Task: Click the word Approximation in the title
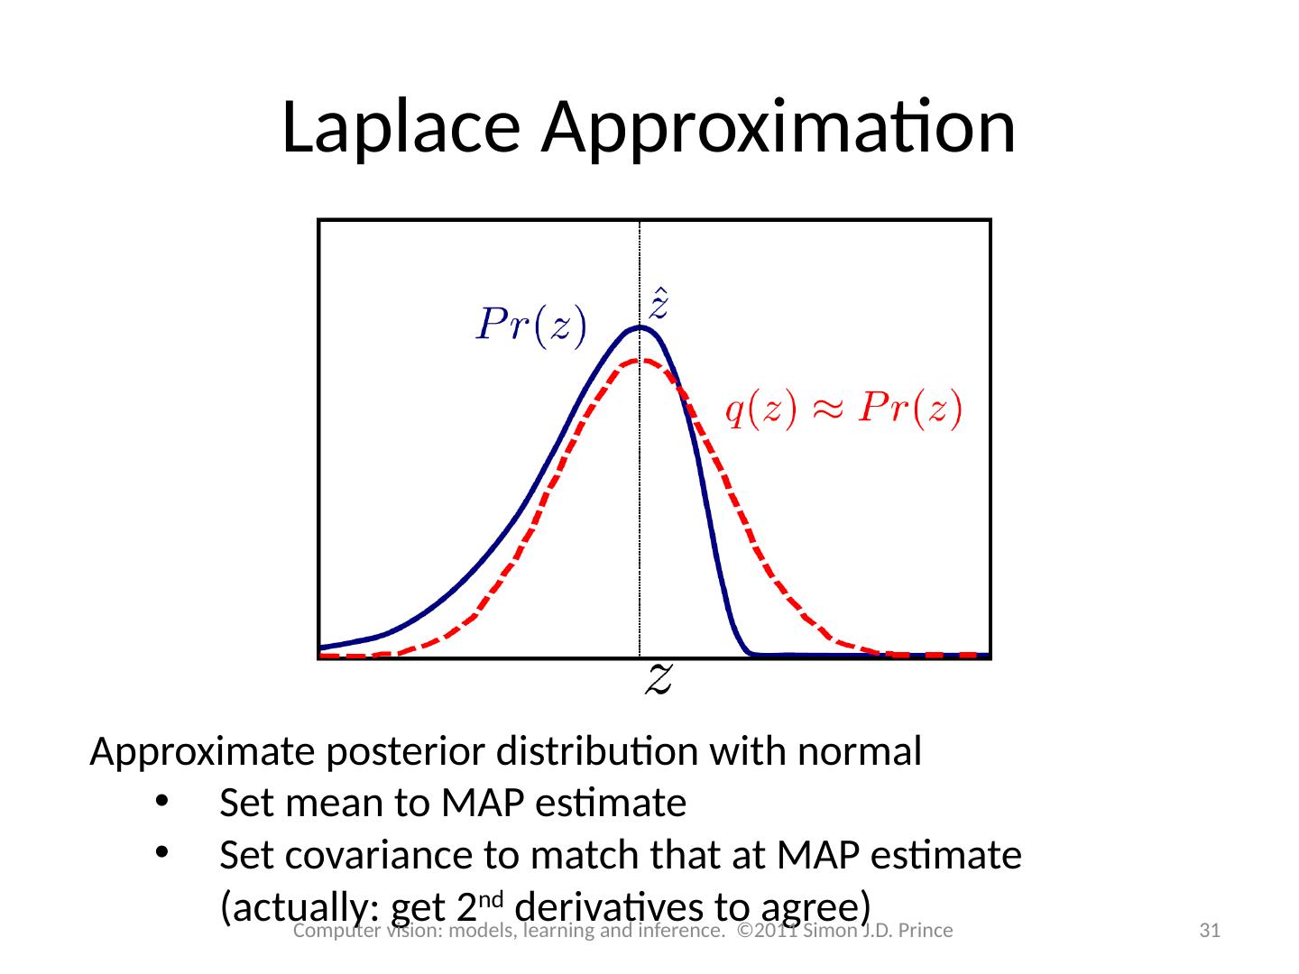point(778,127)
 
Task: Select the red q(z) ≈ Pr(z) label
point(845,411)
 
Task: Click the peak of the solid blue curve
point(640,327)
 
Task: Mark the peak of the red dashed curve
point(640,361)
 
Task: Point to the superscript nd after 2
point(502,896)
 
